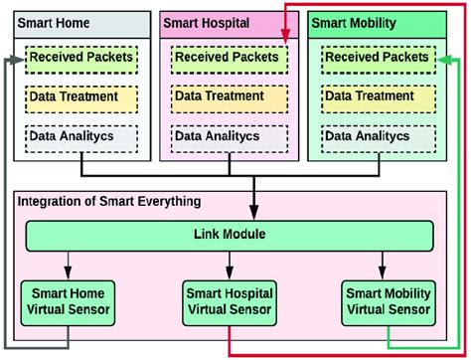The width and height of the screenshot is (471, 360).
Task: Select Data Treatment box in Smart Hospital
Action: (x=226, y=97)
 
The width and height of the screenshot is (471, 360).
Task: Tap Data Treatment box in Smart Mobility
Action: (x=374, y=97)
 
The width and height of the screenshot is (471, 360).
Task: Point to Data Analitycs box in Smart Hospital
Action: (x=226, y=136)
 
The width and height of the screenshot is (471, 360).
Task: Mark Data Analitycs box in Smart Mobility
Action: (x=374, y=136)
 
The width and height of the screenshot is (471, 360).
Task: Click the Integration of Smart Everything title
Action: (x=109, y=202)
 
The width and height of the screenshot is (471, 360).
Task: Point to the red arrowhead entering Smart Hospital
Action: (x=286, y=40)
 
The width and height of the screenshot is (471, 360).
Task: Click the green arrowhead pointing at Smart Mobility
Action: (x=443, y=59)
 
